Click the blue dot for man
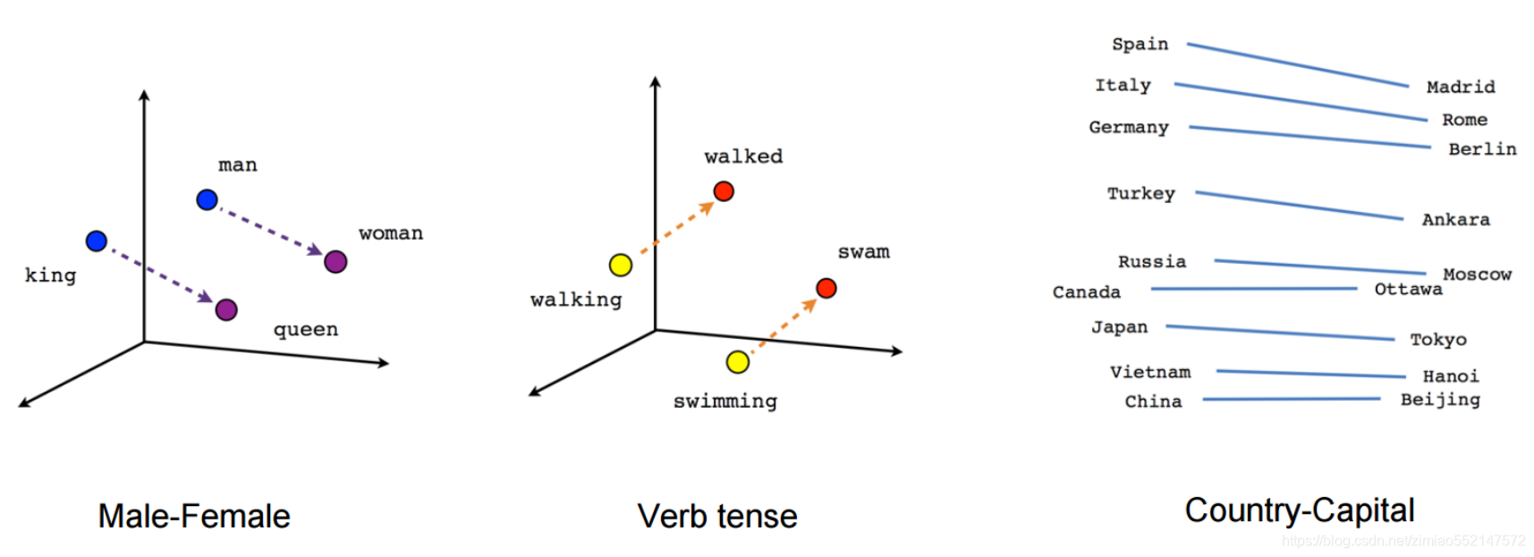pos(207,199)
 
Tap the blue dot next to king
pos(97,241)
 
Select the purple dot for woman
pos(335,261)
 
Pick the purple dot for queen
pos(226,309)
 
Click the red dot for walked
pos(724,190)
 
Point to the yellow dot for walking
pos(621,265)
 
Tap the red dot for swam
pos(826,288)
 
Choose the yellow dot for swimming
pos(738,361)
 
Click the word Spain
pos(1140,44)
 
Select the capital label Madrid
pos(1461,87)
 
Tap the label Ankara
pos(1456,219)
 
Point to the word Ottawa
pos(1408,289)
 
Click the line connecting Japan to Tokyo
pos(1279,333)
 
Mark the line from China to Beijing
pos(1291,399)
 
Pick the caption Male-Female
pos(194,516)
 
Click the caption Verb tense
pos(717,516)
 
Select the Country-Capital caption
pos(1300,511)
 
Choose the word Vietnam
pos(1150,372)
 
